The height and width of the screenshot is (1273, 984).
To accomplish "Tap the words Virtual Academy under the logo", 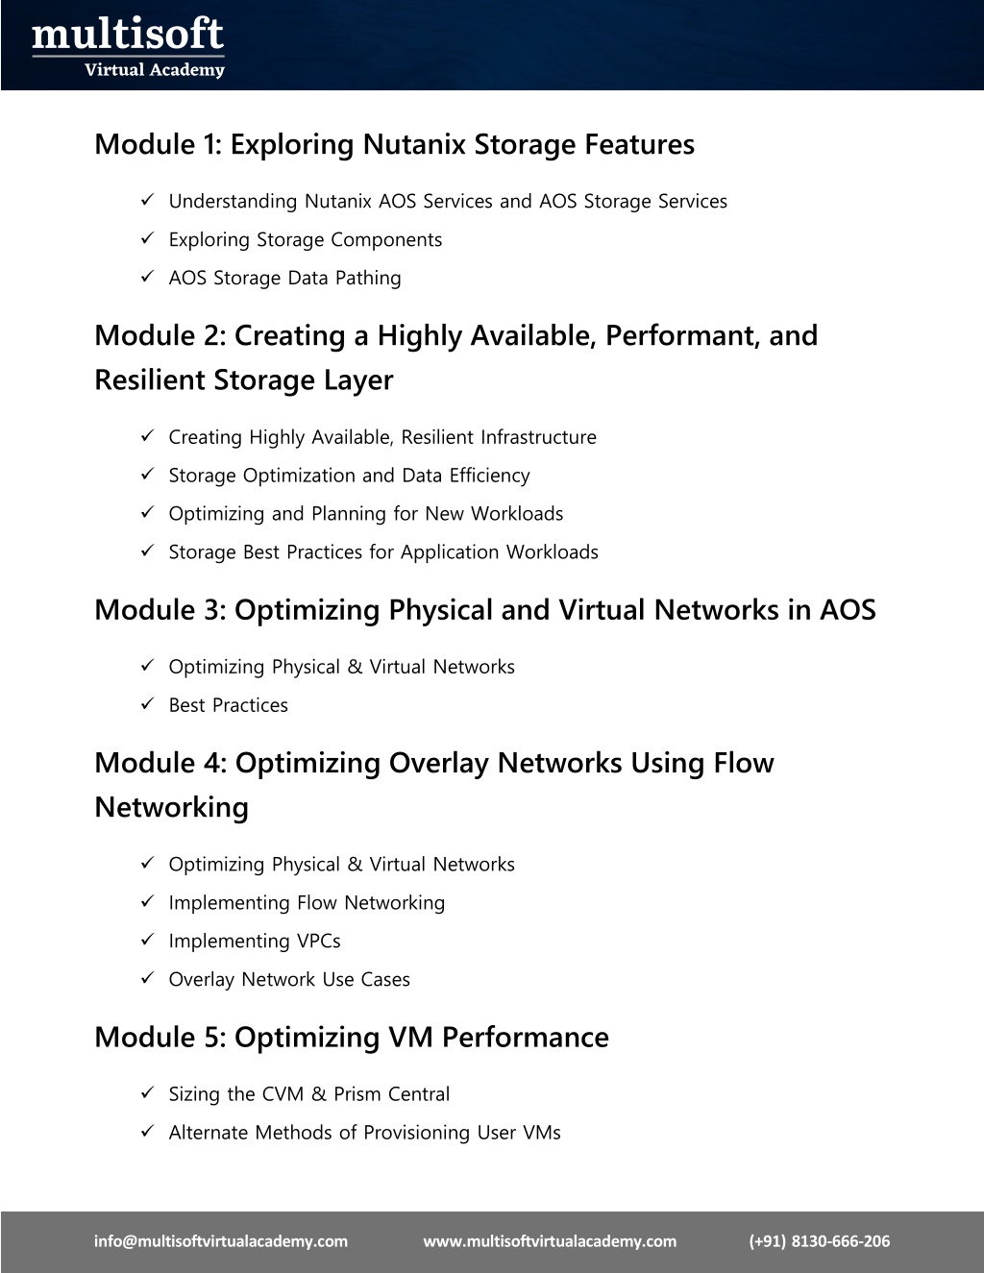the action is [155, 70].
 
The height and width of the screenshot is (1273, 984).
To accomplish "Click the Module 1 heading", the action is [394, 144].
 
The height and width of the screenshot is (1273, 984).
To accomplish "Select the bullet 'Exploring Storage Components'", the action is [306, 239].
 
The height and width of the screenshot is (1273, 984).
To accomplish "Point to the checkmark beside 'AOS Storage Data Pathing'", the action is [147, 276].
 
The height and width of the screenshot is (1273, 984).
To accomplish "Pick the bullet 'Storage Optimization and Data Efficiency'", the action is [349, 476].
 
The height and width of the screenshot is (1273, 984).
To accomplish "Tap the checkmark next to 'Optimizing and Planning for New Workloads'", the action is [147, 512].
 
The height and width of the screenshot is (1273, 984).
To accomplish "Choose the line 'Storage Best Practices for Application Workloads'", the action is [383, 551].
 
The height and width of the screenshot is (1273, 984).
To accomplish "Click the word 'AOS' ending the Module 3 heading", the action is [848, 610].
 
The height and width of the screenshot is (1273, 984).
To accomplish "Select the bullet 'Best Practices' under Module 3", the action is [229, 705].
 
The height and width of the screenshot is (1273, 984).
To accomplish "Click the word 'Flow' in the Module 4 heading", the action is [743, 763].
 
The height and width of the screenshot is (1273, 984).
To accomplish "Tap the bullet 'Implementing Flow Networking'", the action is [307, 903].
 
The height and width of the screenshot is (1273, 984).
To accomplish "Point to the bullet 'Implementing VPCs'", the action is [255, 941].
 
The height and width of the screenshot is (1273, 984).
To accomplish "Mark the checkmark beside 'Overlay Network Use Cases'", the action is [147, 978].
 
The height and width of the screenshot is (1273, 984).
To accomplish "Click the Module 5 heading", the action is [352, 1038].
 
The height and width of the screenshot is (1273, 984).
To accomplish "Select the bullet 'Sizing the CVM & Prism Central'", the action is [309, 1093].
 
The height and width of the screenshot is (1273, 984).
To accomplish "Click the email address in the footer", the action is [221, 1240].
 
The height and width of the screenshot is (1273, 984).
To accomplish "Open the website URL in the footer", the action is [550, 1240].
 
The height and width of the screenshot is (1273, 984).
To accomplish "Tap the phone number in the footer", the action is [820, 1240].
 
